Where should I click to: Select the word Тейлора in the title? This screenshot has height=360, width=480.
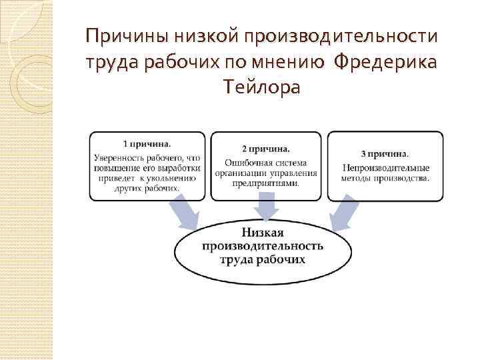click(x=263, y=86)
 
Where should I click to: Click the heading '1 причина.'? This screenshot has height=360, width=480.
click(x=147, y=143)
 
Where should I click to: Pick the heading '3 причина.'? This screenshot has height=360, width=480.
click(x=385, y=154)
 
